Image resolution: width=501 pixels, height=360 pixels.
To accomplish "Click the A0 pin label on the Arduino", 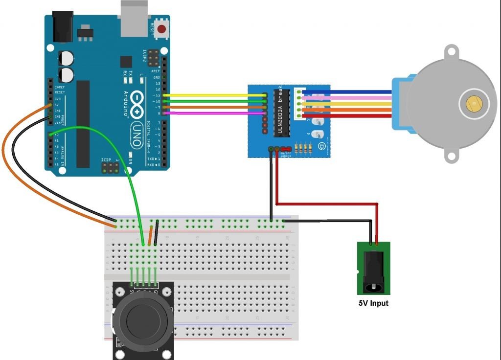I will (56, 134).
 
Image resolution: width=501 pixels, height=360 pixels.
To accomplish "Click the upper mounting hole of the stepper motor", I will (451, 50).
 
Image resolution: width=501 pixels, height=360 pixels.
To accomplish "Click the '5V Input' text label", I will (373, 303).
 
